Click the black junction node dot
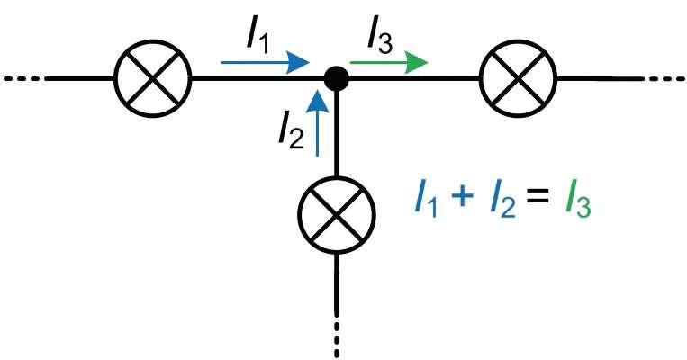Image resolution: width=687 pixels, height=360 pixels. click(x=336, y=78)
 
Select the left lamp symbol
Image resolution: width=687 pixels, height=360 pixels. click(x=153, y=78)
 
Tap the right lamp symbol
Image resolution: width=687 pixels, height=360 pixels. click(x=519, y=78)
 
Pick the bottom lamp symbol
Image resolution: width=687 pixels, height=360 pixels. click(x=336, y=214)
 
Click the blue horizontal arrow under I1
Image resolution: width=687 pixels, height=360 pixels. click(x=263, y=63)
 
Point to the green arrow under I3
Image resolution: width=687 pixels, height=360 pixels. click(x=388, y=63)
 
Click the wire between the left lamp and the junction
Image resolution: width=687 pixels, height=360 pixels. click(x=243, y=78)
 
